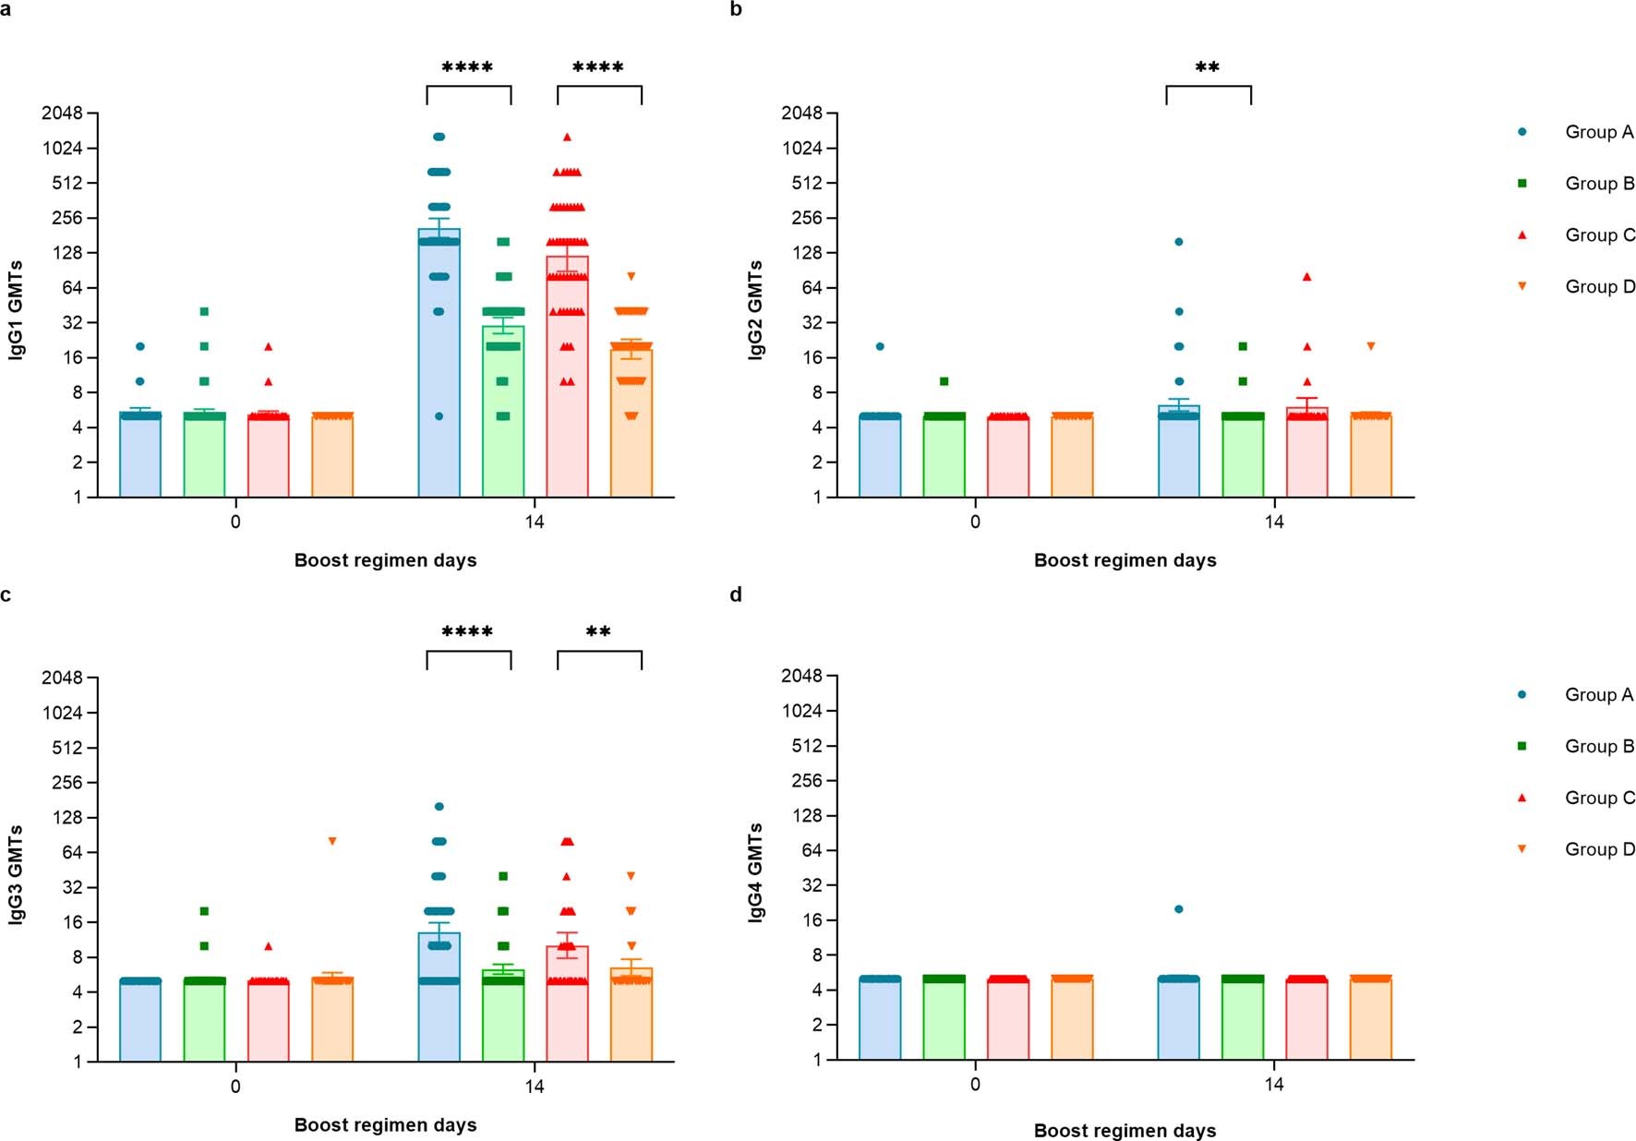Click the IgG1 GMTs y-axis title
16,309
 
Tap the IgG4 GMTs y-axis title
756,871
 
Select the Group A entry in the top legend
1598,132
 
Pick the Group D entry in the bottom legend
1598,849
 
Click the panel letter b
736,10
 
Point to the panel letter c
6,595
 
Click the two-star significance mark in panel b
1208,68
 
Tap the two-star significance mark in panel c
598,633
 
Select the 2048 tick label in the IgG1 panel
62,114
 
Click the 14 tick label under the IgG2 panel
1273,522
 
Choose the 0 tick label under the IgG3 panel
235,1087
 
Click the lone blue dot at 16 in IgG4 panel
1178,909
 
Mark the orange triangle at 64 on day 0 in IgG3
332,841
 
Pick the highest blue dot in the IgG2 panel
1178,242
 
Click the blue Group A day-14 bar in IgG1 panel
439,369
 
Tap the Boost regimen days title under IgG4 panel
1125,1131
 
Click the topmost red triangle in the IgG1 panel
568,137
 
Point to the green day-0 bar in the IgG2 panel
944,457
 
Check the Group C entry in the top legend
1598,235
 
